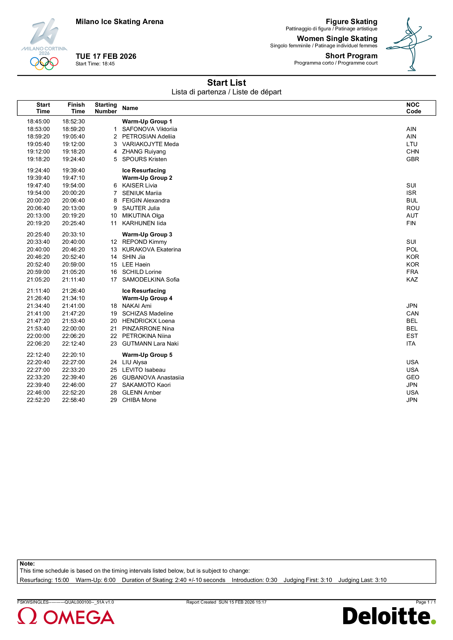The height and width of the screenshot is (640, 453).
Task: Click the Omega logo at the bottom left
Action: [66, 617]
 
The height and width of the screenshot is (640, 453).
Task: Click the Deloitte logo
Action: [389, 616]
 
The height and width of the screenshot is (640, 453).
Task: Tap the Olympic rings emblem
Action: [44, 63]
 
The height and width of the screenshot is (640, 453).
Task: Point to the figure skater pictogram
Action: [409, 44]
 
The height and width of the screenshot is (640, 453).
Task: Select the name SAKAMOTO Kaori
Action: [146, 385]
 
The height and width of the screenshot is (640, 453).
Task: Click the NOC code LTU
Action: [412, 144]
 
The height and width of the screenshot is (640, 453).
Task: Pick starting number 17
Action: [114, 280]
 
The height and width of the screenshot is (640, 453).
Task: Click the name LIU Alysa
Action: [135, 362]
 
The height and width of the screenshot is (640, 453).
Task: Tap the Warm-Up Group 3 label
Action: [147, 234]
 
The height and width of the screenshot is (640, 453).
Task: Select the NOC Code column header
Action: [413, 108]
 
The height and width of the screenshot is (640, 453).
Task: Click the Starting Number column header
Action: [106, 108]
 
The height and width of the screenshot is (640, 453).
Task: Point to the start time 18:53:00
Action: [38, 129]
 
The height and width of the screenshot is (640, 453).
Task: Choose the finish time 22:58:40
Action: [73, 400]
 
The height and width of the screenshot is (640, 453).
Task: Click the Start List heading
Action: [226, 83]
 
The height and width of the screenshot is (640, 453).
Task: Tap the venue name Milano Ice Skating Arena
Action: [119, 22]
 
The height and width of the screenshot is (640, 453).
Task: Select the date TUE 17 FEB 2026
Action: [106, 56]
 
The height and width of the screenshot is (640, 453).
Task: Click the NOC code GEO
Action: [412, 377]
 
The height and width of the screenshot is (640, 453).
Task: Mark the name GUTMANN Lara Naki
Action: [150, 344]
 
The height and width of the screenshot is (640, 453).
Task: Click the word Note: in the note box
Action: [27, 564]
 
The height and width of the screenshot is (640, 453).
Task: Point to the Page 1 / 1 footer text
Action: [425, 602]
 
